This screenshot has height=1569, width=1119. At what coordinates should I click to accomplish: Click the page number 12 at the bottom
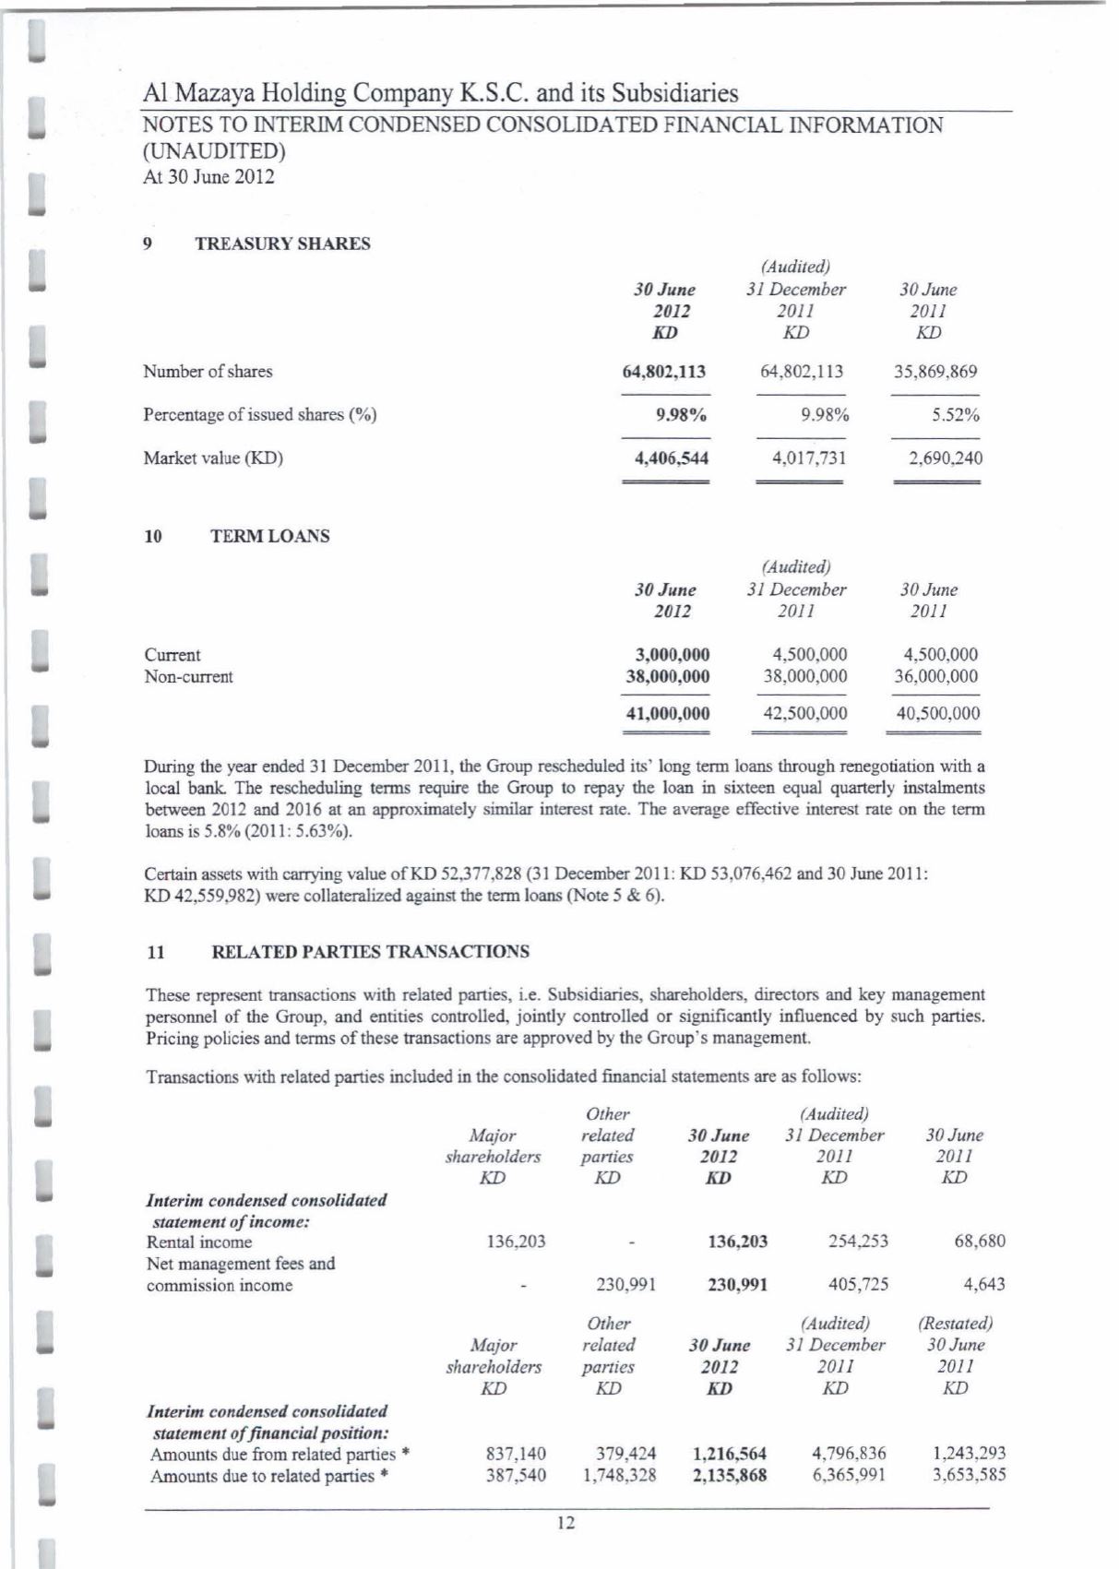tap(566, 1523)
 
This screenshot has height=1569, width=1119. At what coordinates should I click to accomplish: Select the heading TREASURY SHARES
tap(282, 244)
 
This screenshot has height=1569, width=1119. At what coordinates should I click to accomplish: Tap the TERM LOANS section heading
tap(270, 536)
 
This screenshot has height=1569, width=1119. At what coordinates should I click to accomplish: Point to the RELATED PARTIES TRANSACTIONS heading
tap(371, 951)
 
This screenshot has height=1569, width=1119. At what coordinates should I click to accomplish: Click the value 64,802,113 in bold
tap(664, 372)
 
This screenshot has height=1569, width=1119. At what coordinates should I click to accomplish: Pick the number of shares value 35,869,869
tap(935, 372)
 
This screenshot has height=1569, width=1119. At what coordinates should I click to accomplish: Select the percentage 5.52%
tap(955, 415)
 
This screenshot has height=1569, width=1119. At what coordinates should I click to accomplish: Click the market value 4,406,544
tap(671, 458)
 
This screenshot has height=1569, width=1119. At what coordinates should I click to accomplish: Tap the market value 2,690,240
tap(945, 458)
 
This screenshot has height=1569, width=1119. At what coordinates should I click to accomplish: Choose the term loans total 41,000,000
tap(668, 713)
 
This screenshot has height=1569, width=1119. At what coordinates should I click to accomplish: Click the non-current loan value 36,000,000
tap(936, 676)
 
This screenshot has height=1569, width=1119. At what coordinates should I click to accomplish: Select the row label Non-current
tap(189, 676)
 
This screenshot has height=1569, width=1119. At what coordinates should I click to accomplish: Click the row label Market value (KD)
tap(213, 458)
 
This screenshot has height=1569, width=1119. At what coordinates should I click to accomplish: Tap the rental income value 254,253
tap(857, 1241)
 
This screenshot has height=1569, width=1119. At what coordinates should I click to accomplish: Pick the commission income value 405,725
tap(857, 1284)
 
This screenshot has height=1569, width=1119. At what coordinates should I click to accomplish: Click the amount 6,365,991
tap(849, 1474)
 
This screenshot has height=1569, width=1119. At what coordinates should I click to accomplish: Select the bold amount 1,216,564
tap(729, 1453)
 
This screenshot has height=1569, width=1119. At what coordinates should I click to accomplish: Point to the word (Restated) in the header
tap(955, 1324)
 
